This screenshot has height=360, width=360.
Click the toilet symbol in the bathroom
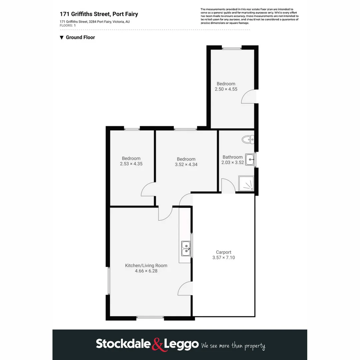248,139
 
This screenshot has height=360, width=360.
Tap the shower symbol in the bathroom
246,183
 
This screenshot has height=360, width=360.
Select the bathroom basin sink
250,159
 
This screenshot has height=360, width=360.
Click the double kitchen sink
186,248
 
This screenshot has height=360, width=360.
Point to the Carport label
223,252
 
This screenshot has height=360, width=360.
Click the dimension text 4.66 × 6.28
146,271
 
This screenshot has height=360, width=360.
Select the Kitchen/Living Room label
146,265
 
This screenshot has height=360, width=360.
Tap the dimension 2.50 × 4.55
226,89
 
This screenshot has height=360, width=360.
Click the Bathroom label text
233,157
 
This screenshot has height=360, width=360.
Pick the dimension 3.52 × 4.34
186,164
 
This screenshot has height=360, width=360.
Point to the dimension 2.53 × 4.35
131,164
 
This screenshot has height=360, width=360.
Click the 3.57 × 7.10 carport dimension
223,258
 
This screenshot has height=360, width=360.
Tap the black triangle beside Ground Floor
62,37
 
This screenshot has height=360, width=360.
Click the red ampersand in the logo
158,344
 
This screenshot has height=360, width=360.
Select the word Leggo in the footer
181,344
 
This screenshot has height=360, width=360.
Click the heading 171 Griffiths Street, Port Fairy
99,14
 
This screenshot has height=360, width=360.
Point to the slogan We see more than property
233,346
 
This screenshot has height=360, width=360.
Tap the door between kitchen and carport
185,288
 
